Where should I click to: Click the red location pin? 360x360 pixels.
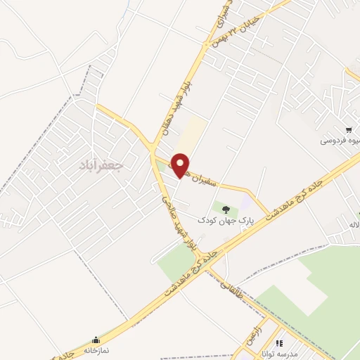[181, 165]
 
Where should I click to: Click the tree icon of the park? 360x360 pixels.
[226, 208]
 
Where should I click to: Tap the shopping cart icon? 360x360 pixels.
[349, 129]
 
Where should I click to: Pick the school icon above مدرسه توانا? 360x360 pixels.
[278, 343]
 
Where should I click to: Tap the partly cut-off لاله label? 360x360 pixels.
[352, 224]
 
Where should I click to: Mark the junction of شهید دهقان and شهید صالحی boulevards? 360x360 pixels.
[153, 149]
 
